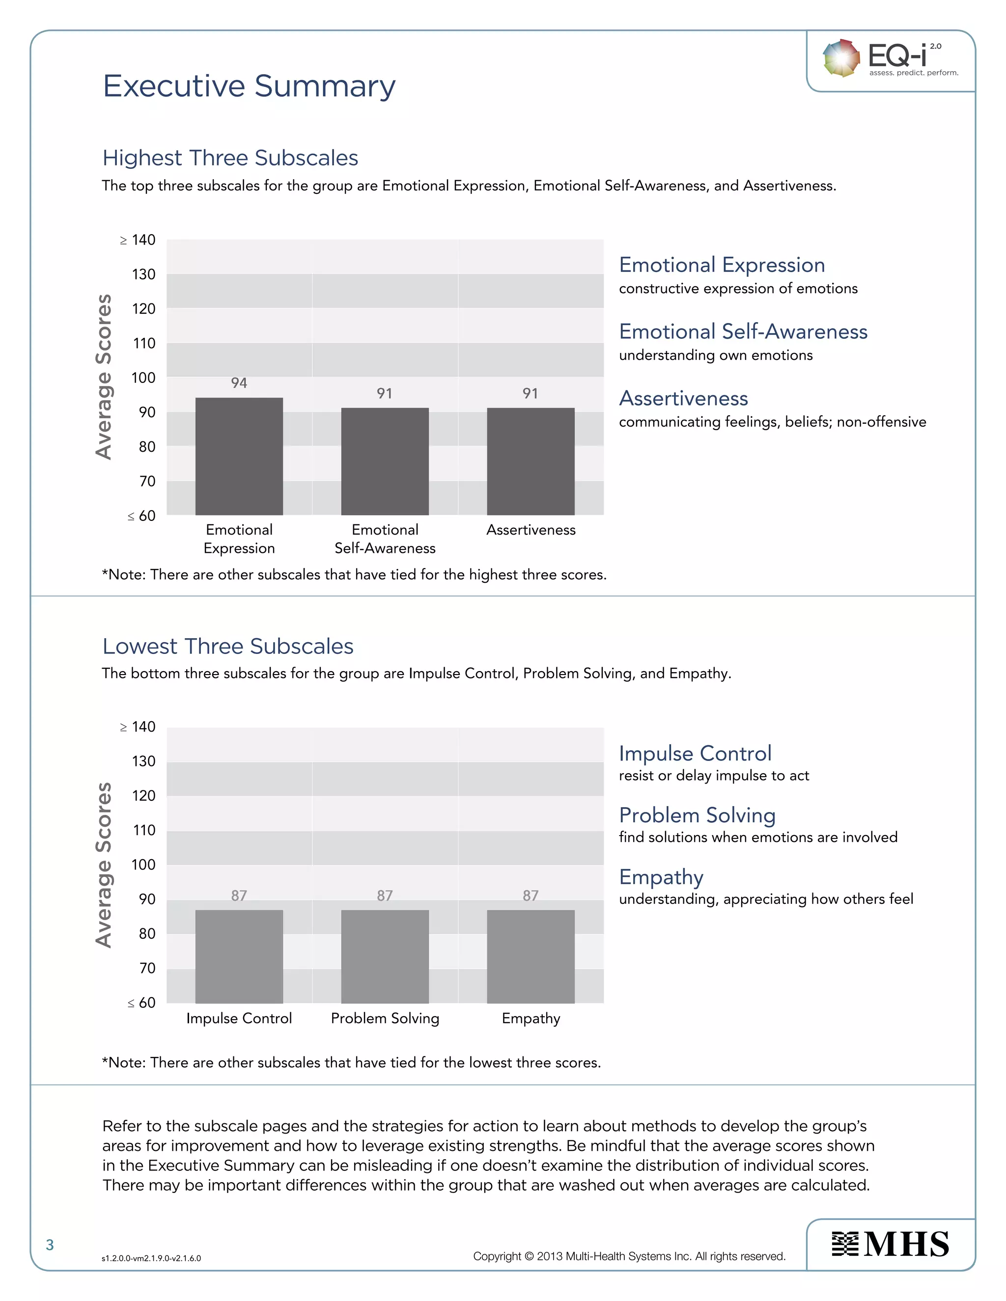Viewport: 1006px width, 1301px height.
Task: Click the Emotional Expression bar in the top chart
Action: click(x=239, y=456)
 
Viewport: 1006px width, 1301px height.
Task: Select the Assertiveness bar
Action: click(x=531, y=461)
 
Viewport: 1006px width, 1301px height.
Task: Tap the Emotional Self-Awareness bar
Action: click(x=385, y=461)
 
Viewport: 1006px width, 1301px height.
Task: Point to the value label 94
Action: click(x=239, y=383)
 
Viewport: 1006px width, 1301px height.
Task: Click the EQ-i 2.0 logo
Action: click(x=891, y=58)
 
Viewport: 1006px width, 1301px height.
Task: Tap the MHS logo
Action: click(x=891, y=1245)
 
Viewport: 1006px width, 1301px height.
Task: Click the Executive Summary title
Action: click(x=249, y=86)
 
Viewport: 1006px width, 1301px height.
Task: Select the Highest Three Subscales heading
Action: click(x=230, y=158)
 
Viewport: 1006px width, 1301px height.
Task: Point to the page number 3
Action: click(x=50, y=1245)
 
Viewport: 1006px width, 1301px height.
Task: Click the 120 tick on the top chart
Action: click(x=143, y=309)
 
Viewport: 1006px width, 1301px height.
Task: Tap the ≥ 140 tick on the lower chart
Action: click(x=138, y=727)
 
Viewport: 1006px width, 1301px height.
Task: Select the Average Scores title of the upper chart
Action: click(x=104, y=377)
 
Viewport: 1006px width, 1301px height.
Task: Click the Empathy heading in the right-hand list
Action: click(x=661, y=877)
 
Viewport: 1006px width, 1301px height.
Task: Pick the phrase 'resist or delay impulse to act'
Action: click(x=714, y=776)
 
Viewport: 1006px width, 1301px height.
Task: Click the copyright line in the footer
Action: click(x=629, y=1256)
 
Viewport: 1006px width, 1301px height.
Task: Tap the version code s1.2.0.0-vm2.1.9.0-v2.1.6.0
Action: click(x=151, y=1258)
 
